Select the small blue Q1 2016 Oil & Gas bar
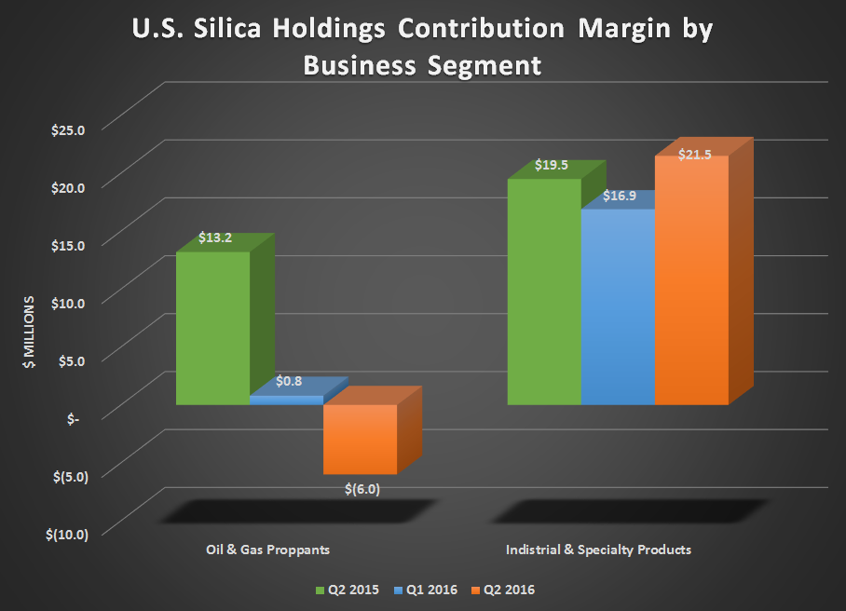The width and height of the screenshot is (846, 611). click(286, 400)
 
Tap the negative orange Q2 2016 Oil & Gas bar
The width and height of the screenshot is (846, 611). click(360, 439)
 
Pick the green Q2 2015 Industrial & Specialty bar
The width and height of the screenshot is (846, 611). click(543, 292)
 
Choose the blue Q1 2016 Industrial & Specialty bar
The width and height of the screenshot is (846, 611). click(617, 307)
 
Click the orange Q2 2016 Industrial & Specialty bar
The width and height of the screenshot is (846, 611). click(691, 279)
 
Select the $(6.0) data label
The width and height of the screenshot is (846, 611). click(362, 487)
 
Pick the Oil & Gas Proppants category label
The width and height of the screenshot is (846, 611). click(267, 550)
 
